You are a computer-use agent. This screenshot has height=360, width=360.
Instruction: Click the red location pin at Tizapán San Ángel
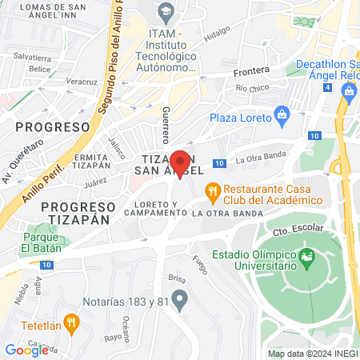point(181,163)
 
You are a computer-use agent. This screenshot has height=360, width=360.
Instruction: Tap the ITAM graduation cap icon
point(166,11)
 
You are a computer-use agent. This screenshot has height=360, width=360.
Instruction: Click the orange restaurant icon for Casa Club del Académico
point(213,190)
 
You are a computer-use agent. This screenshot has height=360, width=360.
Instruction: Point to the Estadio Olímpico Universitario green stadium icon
point(307,258)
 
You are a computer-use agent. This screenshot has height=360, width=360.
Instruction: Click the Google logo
point(26,350)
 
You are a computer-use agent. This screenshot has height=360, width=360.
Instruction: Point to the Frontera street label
point(251,71)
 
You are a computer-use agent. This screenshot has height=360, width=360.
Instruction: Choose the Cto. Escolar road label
point(290,232)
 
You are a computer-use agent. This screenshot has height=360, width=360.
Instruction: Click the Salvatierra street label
point(33,58)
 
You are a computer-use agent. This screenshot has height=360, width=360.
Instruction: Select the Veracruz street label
point(81,82)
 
